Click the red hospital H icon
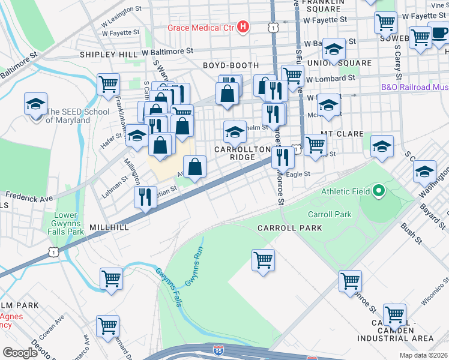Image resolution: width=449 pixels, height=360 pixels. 243,27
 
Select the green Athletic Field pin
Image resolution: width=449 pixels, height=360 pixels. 379,192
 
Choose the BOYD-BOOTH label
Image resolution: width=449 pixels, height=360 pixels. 231,65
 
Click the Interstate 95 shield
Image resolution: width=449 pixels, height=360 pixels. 220,350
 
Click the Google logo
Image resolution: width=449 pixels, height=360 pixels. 19,352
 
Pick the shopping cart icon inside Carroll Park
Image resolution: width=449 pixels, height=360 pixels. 262,260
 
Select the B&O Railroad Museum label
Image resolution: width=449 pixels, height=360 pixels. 414,87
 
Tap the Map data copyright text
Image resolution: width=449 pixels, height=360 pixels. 423,355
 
